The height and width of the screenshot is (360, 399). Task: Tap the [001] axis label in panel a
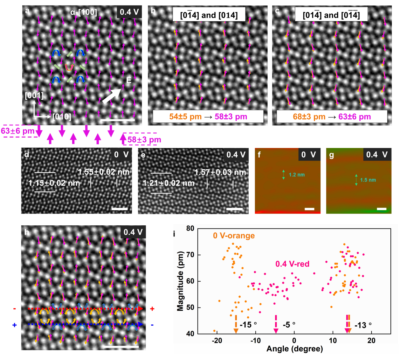point(34,95)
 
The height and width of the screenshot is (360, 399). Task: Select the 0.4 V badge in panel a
point(129,12)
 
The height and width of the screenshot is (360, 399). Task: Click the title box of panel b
point(209,15)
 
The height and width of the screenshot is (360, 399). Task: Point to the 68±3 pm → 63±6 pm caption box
point(332,116)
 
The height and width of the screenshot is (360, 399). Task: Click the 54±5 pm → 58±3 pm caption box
point(208,116)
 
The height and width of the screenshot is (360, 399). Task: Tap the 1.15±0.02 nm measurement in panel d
point(54,183)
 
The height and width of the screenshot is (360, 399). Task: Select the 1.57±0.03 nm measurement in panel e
point(220,173)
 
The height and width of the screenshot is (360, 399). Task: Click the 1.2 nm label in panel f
point(297,175)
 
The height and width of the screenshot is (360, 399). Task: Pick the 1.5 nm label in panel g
point(368,180)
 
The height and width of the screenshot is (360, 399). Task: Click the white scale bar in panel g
point(382,209)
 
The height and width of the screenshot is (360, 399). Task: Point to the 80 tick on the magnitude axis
point(190,229)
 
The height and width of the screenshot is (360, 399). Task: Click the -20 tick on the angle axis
point(217,341)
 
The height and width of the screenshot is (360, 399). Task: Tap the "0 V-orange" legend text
point(234,236)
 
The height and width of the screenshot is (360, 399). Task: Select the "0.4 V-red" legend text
point(292,264)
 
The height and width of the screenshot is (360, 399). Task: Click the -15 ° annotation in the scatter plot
point(248,325)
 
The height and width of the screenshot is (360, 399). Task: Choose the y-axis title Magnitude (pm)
point(180,281)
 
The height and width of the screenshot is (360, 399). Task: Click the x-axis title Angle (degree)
point(294,349)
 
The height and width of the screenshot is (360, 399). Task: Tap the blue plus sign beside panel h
point(14,325)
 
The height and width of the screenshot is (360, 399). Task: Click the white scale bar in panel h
point(121,346)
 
